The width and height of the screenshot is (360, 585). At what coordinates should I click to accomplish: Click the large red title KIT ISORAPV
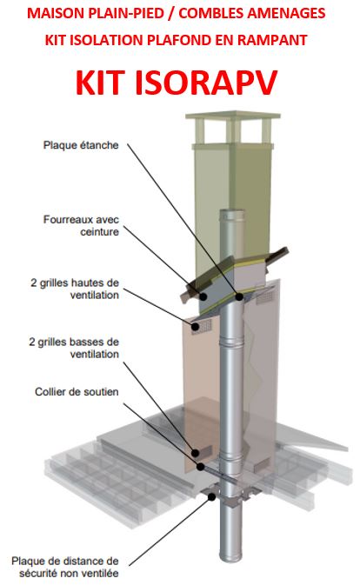coord(177,82)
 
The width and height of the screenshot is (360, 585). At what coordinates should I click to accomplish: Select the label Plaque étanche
coord(81,145)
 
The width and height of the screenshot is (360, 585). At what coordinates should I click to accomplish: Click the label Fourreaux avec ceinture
coord(82,225)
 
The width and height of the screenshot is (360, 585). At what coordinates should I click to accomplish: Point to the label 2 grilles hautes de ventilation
coord(75,289)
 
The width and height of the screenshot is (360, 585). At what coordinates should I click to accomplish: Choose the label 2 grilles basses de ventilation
coord(74,348)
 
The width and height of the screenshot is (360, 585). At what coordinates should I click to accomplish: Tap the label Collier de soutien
coord(77,392)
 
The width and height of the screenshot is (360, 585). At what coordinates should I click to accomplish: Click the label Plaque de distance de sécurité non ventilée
coord(65,567)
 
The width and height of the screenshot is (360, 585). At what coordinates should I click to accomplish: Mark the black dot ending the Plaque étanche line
coord(239,296)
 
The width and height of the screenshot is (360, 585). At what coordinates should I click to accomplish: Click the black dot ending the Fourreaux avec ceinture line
coord(203,296)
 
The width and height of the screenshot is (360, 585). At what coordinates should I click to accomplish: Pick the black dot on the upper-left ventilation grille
coord(195,327)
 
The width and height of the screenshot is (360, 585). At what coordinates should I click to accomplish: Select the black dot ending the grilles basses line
coord(195,453)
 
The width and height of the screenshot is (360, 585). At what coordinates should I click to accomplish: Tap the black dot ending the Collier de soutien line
coord(201,467)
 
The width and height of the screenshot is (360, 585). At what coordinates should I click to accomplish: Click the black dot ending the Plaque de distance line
coord(211,497)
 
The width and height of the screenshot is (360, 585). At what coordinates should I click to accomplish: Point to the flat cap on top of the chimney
coord(233,115)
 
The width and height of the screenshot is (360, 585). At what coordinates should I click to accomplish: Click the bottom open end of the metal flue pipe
coord(231,559)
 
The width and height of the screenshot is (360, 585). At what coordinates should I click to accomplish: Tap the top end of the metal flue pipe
coord(232,212)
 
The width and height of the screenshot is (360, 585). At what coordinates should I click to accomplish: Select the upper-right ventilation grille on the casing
coord(266,297)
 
